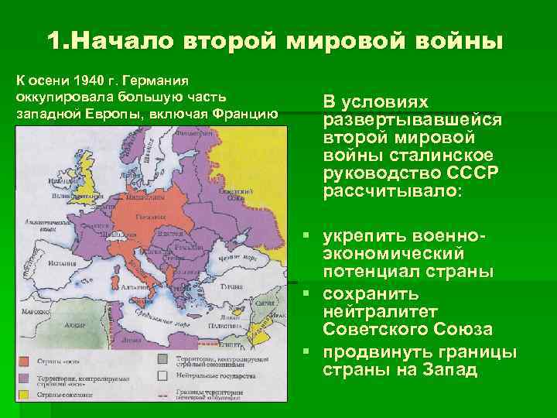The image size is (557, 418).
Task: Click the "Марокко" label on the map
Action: coord(31,313)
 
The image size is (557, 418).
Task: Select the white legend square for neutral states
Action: coord(163,375)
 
